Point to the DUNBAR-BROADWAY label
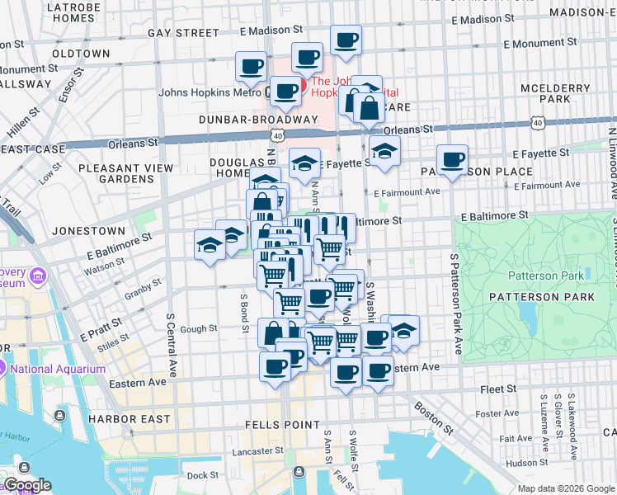point(247,119)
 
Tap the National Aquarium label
point(57,369)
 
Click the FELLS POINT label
point(282,424)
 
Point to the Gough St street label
point(199,328)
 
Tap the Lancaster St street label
point(258,451)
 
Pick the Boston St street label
point(433,417)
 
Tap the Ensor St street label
point(69,84)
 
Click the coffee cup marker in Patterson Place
point(452,159)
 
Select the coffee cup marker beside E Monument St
point(346,39)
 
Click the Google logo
point(26,486)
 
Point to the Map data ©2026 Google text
point(565,488)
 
